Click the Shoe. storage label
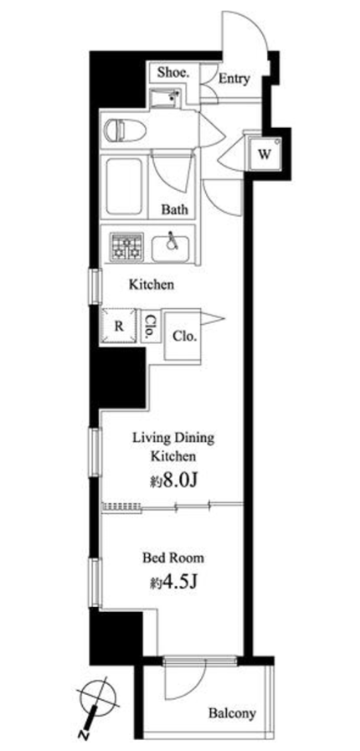click(174, 74)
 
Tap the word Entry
click(234, 79)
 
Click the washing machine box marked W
click(264, 153)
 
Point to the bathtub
click(124, 187)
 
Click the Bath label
click(174, 209)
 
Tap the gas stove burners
click(127, 247)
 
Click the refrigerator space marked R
click(119, 326)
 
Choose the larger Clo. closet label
click(185, 337)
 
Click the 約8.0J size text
click(173, 481)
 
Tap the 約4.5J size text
click(173, 583)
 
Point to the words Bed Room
click(174, 558)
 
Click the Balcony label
click(232, 713)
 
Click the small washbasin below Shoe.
click(164, 99)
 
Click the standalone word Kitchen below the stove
click(151, 285)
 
